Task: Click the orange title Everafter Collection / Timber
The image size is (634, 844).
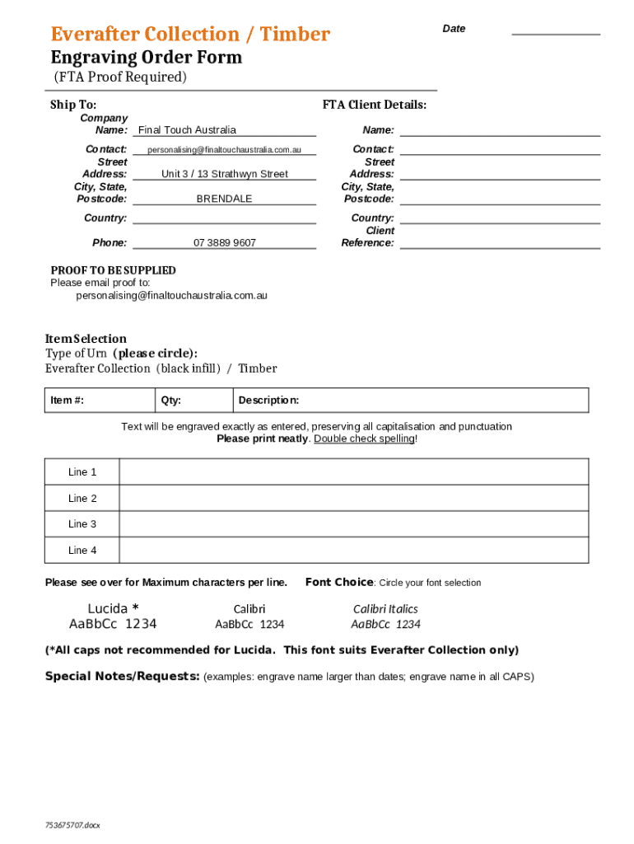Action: pos(190,35)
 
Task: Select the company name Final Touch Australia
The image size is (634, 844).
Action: pos(187,130)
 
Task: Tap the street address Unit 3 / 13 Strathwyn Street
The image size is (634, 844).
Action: pos(224,174)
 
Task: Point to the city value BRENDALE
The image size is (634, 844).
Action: pos(224,199)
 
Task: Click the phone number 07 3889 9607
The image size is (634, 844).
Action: pos(224,243)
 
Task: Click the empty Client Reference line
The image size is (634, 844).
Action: pos(500,242)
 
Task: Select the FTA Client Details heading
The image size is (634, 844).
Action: pos(374,105)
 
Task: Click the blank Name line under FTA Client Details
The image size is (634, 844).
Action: pos(500,130)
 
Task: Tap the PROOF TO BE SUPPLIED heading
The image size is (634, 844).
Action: pos(113,270)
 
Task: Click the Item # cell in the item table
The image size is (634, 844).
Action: pos(99,401)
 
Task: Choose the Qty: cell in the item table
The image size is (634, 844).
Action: pos(193,401)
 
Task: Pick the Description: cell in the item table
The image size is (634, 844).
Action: pos(409,401)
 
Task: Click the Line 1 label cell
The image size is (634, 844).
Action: pos(82,472)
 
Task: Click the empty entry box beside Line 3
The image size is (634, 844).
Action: pos(354,524)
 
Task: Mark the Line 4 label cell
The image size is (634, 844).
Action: pos(82,551)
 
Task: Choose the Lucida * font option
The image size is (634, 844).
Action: pos(113,616)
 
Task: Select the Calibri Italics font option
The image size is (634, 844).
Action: pos(385,616)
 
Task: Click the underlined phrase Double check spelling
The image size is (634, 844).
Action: pos(364,439)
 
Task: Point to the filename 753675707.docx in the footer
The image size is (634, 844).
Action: pos(72,825)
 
